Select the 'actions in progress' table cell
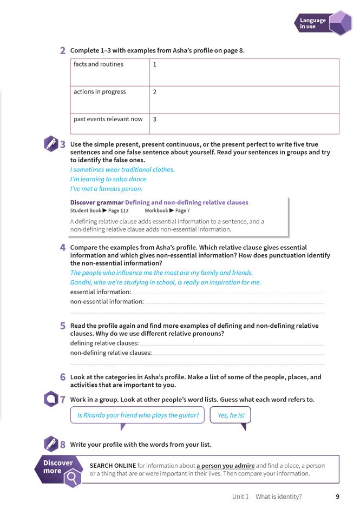pyautogui.click(x=100, y=92)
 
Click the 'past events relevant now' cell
pyautogui.click(x=108, y=119)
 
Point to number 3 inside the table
pyautogui.click(x=155, y=119)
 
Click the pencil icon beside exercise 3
pyautogui.click(x=50, y=144)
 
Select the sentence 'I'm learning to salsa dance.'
pyautogui.click(x=109, y=179)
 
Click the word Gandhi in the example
pyautogui.click(x=81, y=282)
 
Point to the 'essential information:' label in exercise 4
pyautogui.click(x=101, y=292)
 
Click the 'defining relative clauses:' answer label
pyautogui.click(x=104, y=343)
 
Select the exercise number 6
pyautogui.click(x=63, y=377)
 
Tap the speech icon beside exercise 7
pyautogui.click(x=50, y=399)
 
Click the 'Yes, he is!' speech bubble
pyautogui.click(x=230, y=415)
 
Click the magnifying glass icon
pyautogui.click(x=71, y=478)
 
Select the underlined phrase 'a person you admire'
pyautogui.click(x=225, y=465)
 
